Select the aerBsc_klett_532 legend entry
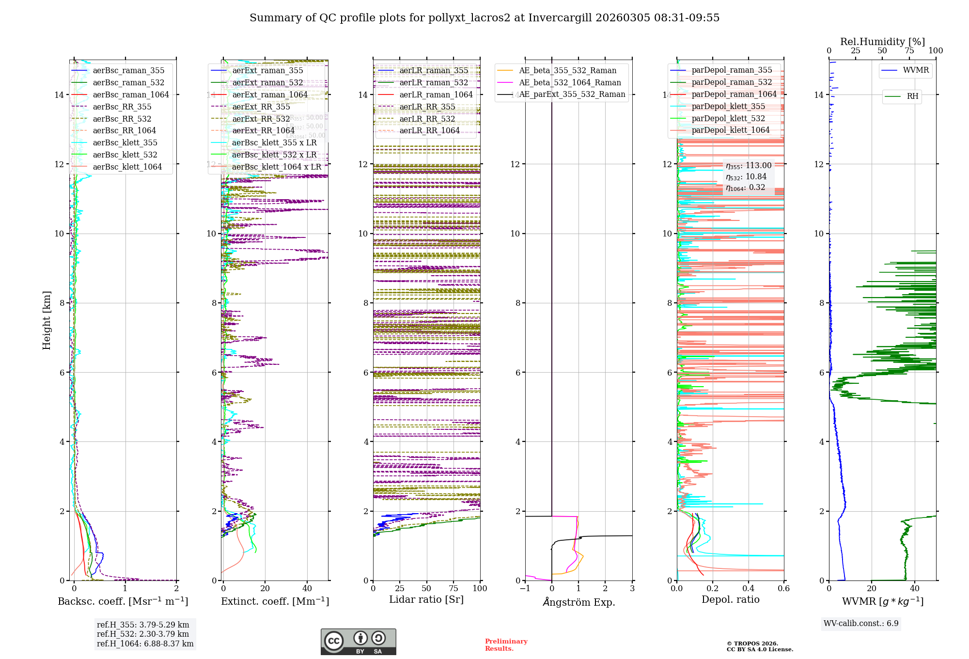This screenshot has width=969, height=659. coord(125,155)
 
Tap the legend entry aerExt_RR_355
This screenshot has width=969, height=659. coord(261,107)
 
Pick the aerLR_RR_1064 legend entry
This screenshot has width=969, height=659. coord(429,130)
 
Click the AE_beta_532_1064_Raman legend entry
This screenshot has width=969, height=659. coord(570,82)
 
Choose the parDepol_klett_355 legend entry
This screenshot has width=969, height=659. coord(728,106)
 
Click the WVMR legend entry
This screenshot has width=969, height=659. coord(916,70)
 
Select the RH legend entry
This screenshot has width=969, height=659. coord(912,96)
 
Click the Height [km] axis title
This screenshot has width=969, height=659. coord(47,320)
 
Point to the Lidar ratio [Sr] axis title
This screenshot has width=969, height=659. coord(426,599)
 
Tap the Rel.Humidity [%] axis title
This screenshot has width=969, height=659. coord(882,42)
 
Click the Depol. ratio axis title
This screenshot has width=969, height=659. coord(730,599)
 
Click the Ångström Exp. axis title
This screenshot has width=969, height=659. coord(578,602)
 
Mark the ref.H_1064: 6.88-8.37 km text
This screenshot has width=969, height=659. coord(145,643)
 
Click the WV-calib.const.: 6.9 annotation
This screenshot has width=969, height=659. coord(861,623)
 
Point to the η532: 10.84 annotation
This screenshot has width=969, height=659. coord(746,177)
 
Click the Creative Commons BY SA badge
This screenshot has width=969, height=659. coord(358,642)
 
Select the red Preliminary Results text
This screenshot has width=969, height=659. coord(506,644)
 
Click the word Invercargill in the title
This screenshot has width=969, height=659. coord(560,18)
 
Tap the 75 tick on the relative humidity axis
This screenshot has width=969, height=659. coord(909,51)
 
